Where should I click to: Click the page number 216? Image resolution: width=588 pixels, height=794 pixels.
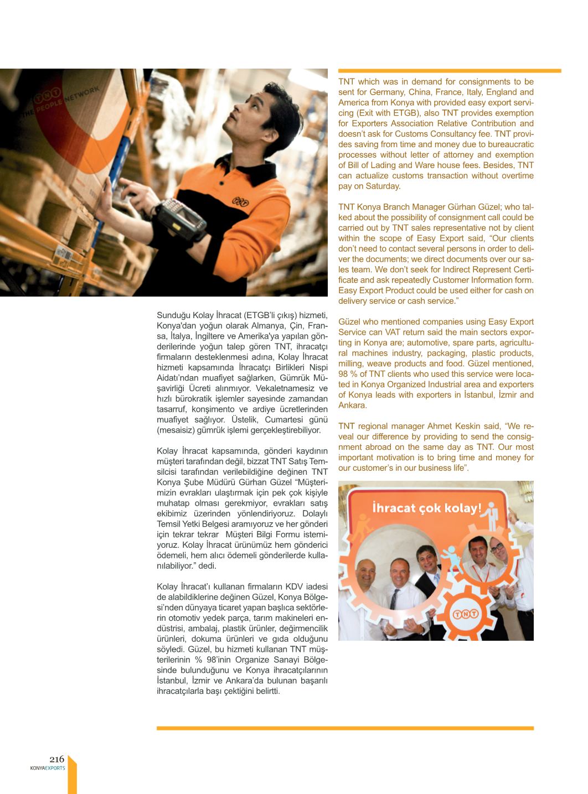pyautogui.click(x=56, y=759)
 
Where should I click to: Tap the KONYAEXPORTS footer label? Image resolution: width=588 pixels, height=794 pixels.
pyautogui.click(x=48, y=768)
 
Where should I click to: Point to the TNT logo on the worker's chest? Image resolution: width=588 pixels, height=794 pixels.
pyautogui.click(x=240, y=203)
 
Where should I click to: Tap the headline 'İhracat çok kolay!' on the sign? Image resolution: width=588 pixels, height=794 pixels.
pyautogui.click(x=426, y=507)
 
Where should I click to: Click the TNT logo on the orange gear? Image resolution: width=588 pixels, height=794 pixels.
pyautogui.click(x=466, y=614)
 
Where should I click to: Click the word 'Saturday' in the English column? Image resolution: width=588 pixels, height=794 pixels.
pyautogui.click(x=380, y=186)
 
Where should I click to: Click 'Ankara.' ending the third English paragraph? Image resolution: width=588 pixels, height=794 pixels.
pyautogui.click(x=353, y=406)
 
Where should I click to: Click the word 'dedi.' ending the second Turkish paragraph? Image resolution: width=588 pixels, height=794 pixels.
pyautogui.click(x=207, y=566)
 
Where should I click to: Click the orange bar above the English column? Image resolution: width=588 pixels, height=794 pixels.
pyautogui.click(x=450, y=71)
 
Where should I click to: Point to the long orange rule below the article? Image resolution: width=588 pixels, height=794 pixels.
pyautogui.click(x=345, y=728)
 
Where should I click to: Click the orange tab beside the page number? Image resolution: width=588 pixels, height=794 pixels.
pyautogui.click(x=72, y=775)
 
